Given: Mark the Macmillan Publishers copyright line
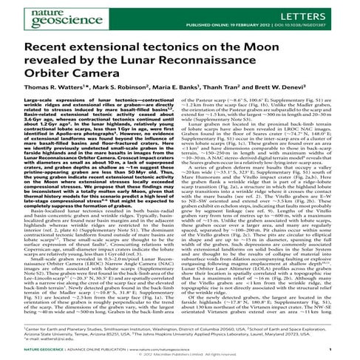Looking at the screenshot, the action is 180,353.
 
